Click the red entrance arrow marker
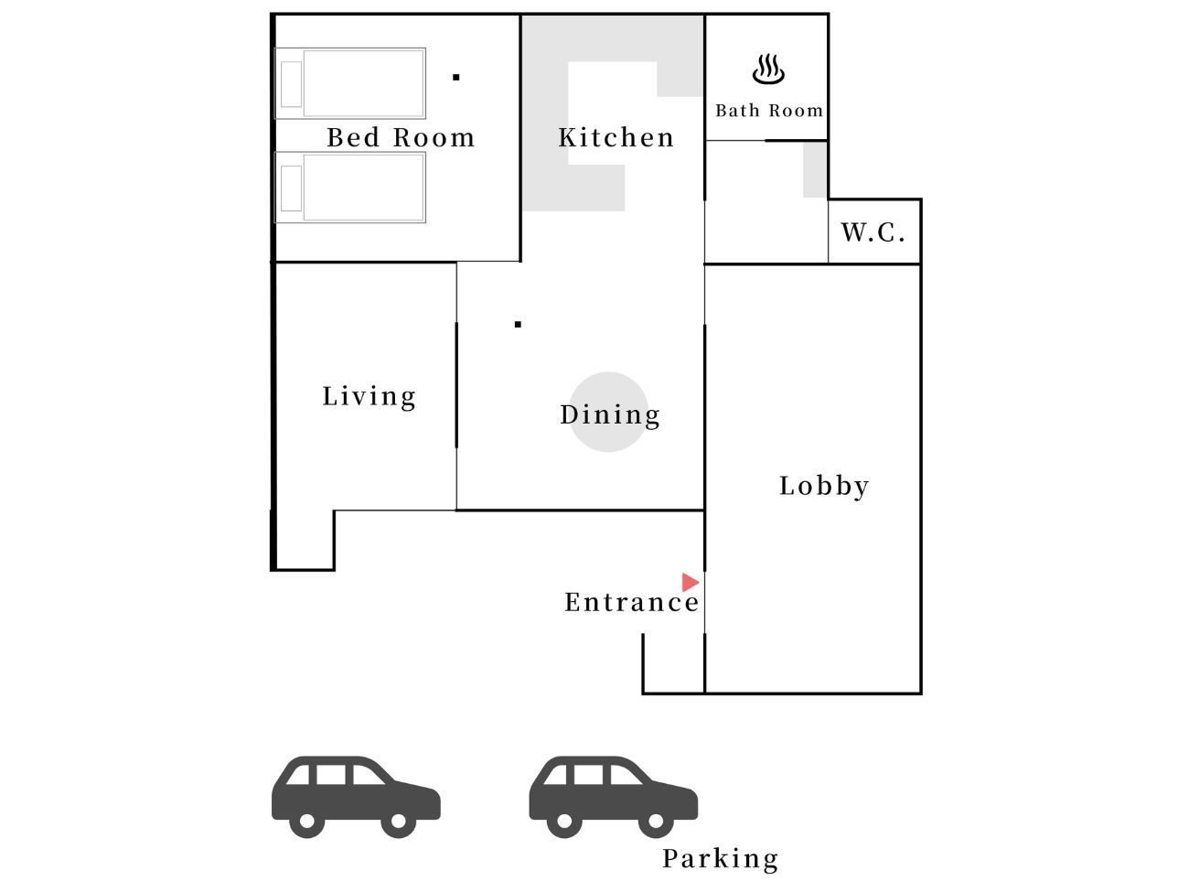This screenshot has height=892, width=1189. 690,582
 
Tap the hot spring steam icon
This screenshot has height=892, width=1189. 768,70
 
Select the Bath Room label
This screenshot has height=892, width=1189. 768,111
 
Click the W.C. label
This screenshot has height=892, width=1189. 873,232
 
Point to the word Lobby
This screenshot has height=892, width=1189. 824,486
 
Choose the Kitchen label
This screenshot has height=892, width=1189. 616,137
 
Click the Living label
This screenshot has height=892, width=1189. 369,397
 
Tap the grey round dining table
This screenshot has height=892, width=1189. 608,413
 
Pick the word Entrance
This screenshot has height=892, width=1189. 632,602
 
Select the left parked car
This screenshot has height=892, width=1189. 356,797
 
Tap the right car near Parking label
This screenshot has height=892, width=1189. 613,797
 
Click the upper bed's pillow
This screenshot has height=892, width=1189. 291,84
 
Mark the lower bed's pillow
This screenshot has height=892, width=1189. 291,188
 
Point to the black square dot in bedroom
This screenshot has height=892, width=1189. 456,78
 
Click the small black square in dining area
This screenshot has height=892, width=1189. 518,325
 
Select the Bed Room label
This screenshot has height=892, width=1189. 401,137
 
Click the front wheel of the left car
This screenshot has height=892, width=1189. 399,821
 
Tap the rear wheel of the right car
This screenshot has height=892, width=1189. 564,821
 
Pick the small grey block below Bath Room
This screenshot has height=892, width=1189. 815,170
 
